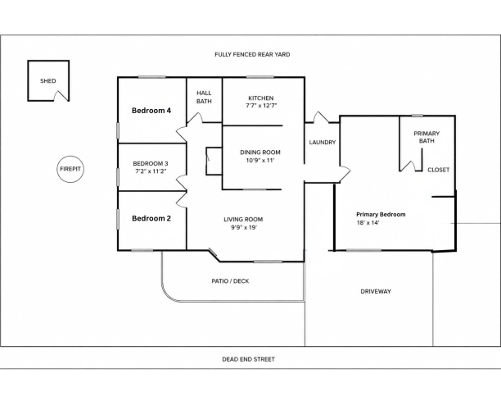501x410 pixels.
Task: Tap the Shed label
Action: click(x=48, y=81)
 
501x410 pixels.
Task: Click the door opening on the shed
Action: click(x=61, y=95)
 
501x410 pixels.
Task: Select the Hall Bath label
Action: click(x=204, y=97)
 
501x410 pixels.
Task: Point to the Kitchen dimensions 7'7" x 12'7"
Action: click(x=261, y=106)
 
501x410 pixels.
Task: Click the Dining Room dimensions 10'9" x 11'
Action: click(x=260, y=161)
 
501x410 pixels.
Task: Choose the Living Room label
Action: click(x=243, y=219)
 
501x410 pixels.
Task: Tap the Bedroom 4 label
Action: click(x=151, y=111)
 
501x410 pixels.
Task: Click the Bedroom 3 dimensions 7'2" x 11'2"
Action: click(x=151, y=171)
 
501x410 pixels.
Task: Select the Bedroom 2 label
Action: click(x=151, y=218)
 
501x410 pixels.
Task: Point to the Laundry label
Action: click(x=323, y=142)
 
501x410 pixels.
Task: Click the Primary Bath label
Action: click(x=427, y=137)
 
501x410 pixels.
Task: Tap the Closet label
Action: click(x=439, y=170)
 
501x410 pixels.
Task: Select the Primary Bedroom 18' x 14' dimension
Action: click(x=368, y=223)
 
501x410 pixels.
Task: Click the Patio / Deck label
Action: click(x=230, y=281)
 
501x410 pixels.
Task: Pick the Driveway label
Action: click(x=376, y=291)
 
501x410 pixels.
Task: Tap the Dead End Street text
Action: click(x=249, y=359)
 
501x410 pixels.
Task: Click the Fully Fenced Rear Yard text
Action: click(x=252, y=54)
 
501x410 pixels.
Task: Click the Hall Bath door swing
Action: click(x=195, y=117)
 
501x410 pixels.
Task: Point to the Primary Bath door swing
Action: click(x=408, y=166)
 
